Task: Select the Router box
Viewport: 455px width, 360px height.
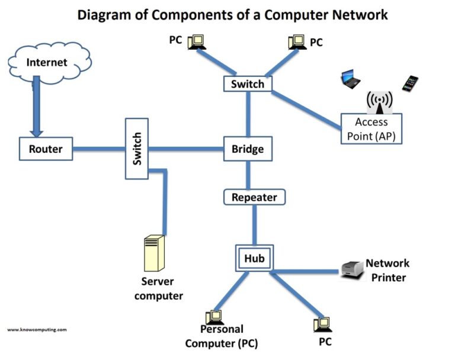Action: pyautogui.click(x=46, y=149)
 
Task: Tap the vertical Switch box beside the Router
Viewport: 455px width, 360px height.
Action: pyautogui.click(x=137, y=149)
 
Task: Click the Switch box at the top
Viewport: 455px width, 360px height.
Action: pyautogui.click(x=248, y=83)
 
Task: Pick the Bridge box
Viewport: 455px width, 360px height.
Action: pyautogui.click(x=248, y=149)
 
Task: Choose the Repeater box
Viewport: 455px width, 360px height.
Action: pyautogui.click(x=254, y=197)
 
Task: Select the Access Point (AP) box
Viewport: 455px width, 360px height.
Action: pyautogui.click(x=371, y=128)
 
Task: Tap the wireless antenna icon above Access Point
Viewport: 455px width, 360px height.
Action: pyautogui.click(x=379, y=102)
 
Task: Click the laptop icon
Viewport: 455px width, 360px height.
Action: pyautogui.click(x=351, y=79)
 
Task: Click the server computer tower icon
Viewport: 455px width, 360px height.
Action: pyautogui.click(x=154, y=253)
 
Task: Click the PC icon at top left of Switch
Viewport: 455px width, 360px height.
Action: pyautogui.click(x=196, y=41)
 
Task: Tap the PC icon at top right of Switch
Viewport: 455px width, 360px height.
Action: pyautogui.click(x=296, y=41)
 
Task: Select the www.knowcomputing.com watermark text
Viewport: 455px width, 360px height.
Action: pyautogui.click(x=37, y=329)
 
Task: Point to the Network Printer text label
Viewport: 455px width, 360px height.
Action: pyautogui.click(x=387, y=270)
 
